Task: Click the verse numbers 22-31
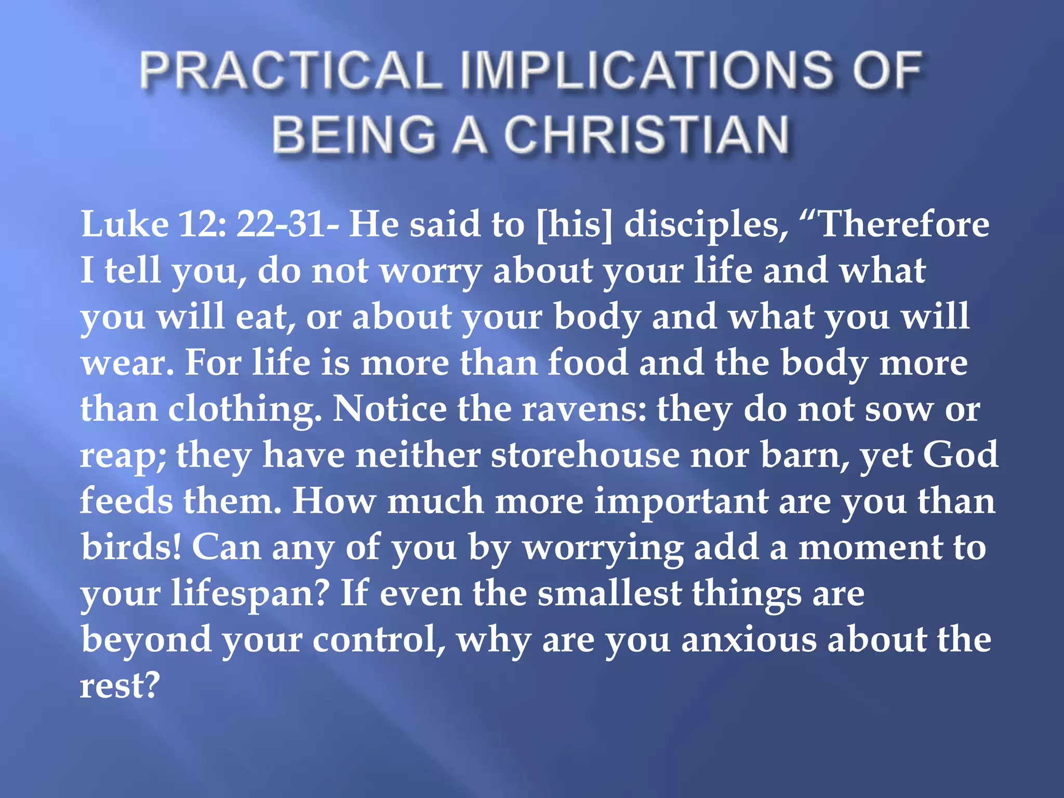[288, 224]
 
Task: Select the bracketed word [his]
[574, 224]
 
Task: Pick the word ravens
[584, 409]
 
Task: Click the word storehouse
[585, 455]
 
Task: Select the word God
[960, 455]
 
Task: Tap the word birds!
[131, 547]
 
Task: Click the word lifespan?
[250, 593]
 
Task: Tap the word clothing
[244, 409]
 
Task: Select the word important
[681, 501]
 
